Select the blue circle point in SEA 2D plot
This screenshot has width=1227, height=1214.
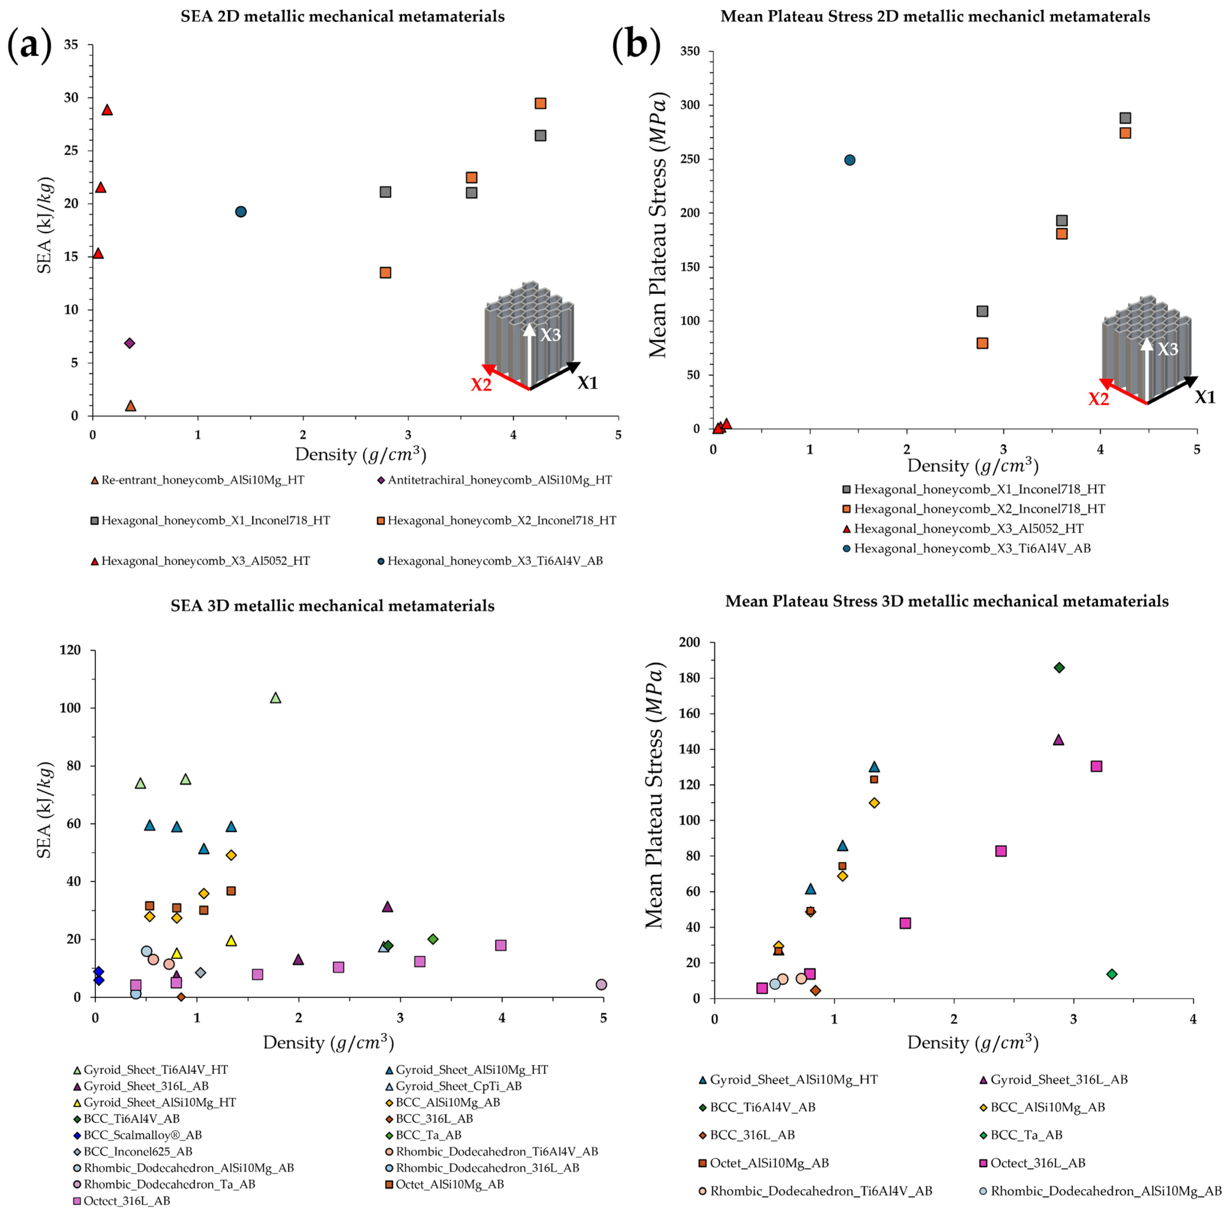[241, 211]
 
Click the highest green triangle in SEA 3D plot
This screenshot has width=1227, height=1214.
[275, 698]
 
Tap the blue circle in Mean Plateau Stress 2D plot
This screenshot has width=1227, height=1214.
[850, 160]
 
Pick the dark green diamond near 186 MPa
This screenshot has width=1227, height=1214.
[1059, 667]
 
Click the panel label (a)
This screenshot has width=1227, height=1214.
[29, 46]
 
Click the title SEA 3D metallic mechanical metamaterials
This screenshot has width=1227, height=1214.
[332, 606]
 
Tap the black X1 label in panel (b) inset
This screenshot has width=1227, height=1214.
[1205, 398]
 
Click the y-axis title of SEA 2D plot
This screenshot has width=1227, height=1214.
[45, 225]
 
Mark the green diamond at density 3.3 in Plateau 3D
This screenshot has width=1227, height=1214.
[1111, 974]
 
